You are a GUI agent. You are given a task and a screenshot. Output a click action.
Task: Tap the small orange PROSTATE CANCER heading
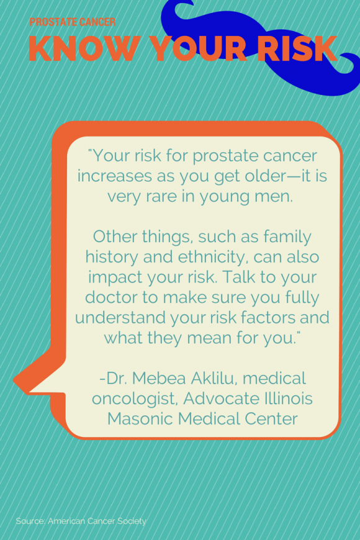click(x=72, y=22)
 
